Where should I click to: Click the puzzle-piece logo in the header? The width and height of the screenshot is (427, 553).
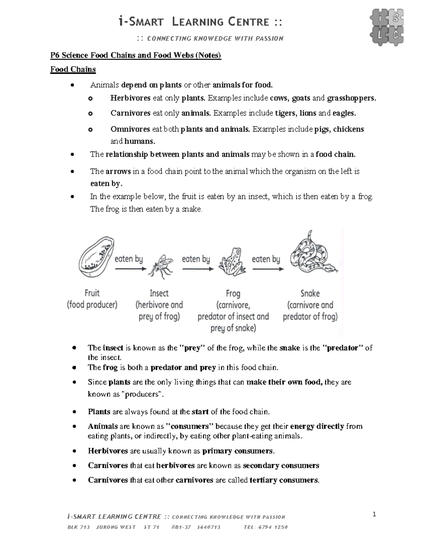[x=387, y=27]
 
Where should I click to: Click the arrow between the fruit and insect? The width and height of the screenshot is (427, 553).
[x=130, y=269]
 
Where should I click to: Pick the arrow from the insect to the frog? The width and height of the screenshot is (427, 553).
[x=197, y=269]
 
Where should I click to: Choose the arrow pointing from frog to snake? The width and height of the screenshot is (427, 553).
[x=268, y=269]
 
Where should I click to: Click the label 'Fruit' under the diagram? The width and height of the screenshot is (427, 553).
[x=92, y=293]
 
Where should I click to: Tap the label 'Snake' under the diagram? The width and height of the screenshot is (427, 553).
[x=310, y=293]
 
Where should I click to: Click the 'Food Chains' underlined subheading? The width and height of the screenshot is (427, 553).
[x=73, y=69]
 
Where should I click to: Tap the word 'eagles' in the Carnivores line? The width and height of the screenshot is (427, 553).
[x=343, y=113]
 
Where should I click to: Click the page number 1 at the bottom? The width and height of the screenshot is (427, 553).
[x=374, y=514]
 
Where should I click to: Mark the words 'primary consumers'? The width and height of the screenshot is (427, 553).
[x=238, y=451]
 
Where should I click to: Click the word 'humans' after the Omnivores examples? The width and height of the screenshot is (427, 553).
[x=139, y=141]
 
